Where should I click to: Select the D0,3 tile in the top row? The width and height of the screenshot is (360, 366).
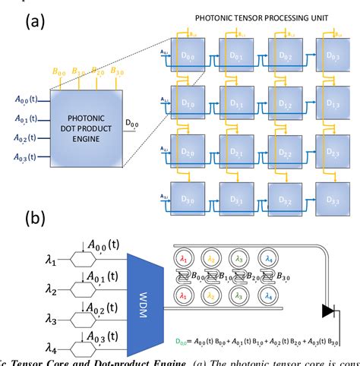(x=330, y=58)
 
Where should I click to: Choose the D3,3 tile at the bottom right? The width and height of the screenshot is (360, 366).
(x=330, y=199)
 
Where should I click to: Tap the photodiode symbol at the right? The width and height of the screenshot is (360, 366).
(x=329, y=311)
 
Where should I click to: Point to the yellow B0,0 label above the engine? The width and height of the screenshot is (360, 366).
(x=60, y=72)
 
